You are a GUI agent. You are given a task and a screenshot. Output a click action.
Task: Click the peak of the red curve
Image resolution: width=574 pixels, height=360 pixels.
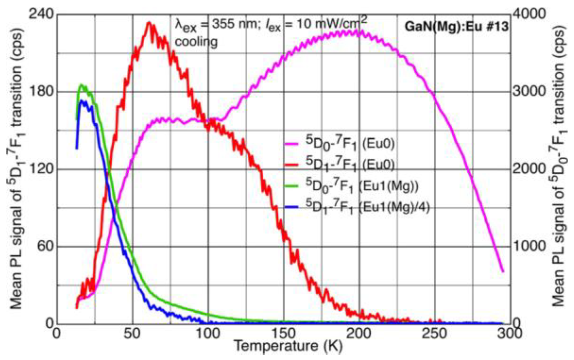(149, 23)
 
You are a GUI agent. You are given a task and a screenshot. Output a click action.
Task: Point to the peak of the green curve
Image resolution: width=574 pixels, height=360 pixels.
(81, 85)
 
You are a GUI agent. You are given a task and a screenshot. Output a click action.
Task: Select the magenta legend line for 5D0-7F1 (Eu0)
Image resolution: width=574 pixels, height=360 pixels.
(291, 144)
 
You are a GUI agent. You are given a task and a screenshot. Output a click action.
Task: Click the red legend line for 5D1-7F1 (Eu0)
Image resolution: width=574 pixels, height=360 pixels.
(291, 165)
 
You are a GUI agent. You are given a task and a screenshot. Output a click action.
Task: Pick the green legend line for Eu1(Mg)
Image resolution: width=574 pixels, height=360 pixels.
(291, 186)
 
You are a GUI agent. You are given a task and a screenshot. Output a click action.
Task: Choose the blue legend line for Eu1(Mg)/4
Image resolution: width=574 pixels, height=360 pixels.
(291, 207)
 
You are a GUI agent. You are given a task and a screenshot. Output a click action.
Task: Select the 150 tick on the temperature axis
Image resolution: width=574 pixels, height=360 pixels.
(284, 334)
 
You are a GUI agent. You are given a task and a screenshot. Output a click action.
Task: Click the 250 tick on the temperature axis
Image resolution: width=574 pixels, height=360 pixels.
(435, 334)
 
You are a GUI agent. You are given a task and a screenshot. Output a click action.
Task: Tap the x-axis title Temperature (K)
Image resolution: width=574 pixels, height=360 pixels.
(288, 346)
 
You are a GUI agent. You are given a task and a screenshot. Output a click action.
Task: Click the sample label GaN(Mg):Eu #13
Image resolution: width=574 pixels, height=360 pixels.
(456, 26)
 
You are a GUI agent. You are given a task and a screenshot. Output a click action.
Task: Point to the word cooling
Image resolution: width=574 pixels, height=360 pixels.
(196, 42)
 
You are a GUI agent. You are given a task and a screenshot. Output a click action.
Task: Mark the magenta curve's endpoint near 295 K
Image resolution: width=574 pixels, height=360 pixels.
(503, 271)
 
